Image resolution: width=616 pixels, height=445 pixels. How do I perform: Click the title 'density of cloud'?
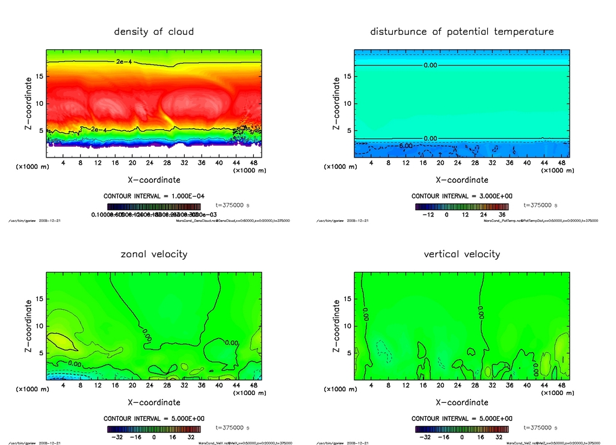(154, 31)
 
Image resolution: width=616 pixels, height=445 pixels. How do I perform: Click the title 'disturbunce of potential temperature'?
(461, 31)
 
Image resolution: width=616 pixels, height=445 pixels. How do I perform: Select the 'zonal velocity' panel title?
(154, 254)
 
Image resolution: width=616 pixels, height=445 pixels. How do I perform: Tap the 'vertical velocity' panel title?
(461, 254)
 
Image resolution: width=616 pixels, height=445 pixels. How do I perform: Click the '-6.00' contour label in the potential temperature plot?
(407, 146)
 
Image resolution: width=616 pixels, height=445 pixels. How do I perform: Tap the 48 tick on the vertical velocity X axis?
(561, 385)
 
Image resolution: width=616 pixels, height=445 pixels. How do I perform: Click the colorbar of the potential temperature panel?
(461, 206)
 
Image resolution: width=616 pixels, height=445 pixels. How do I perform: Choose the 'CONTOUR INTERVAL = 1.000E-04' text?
(154, 196)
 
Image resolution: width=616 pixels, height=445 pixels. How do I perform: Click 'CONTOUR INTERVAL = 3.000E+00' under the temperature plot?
(461, 196)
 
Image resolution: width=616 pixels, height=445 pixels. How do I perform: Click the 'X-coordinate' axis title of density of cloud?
(154, 179)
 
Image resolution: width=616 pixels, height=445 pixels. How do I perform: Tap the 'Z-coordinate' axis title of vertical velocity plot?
(336, 326)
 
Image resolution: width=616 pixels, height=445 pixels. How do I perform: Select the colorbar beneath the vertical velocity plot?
(461, 429)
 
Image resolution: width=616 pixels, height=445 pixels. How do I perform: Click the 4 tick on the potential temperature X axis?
(371, 163)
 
